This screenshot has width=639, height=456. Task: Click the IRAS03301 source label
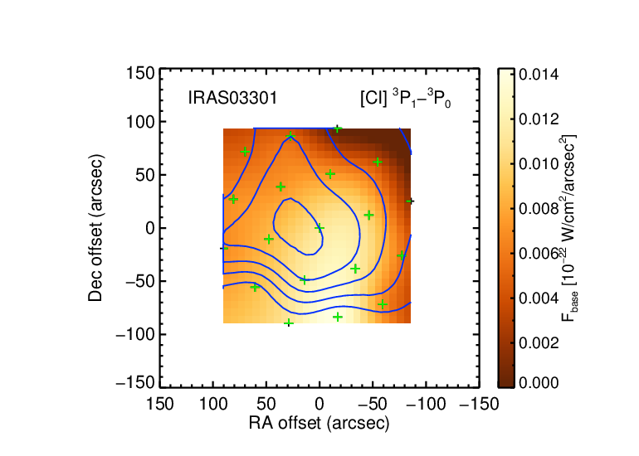click(232, 98)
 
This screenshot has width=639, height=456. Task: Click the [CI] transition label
click(406, 99)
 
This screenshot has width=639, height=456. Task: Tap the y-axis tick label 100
click(140, 122)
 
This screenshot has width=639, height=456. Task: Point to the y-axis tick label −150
click(135, 383)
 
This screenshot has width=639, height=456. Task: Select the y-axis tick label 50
click(145, 175)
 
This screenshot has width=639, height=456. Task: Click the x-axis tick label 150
click(159, 405)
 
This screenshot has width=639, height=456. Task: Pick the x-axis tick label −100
click(426, 405)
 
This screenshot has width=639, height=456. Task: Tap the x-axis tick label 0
click(319, 405)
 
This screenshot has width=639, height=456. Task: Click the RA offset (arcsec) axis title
click(319, 424)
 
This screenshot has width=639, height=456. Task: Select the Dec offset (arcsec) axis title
click(95, 228)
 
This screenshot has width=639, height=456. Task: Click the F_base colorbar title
click(569, 228)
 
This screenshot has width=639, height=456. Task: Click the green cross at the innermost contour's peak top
click(290, 136)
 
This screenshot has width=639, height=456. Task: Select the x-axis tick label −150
click(480, 405)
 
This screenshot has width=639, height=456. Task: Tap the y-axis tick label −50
click(140, 281)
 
